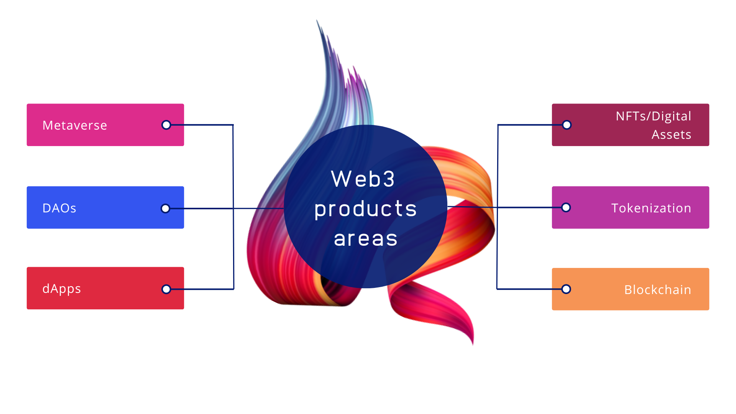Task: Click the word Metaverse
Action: [75, 125]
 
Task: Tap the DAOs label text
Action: [59, 208]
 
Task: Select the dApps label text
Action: [61, 289]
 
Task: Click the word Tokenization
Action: [651, 208]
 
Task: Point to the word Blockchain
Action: [657, 290]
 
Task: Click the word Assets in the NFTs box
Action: [671, 135]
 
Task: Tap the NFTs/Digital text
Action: [653, 116]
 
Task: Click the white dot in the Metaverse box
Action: [166, 125]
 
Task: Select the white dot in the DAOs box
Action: [165, 208]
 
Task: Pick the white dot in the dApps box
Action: [166, 289]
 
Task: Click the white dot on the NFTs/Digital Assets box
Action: [567, 125]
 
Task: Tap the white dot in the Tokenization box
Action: [566, 207]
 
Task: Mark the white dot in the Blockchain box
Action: [566, 289]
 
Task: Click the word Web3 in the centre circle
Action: [363, 179]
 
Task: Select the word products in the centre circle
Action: [365, 209]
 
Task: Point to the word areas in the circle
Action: [365, 238]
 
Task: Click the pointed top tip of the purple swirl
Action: [317, 21]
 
